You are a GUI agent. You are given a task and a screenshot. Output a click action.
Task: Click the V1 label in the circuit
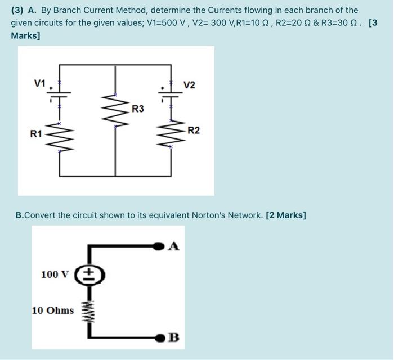(x=39, y=83)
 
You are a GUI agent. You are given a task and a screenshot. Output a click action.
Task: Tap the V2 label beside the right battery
(x=189, y=85)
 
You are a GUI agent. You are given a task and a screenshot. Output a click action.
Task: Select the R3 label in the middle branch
(x=138, y=108)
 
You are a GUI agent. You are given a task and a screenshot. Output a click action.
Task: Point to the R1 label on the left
(x=36, y=134)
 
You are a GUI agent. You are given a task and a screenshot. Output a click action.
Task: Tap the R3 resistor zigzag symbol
(x=115, y=110)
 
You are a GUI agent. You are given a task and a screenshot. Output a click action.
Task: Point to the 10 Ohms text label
(x=52, y=310)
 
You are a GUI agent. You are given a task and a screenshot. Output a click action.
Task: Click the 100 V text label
(x=55, y=274)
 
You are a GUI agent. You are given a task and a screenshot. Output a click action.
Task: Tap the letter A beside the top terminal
(x=174, y=245)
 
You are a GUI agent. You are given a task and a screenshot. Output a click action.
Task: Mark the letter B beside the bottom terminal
(x=174, y=337)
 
